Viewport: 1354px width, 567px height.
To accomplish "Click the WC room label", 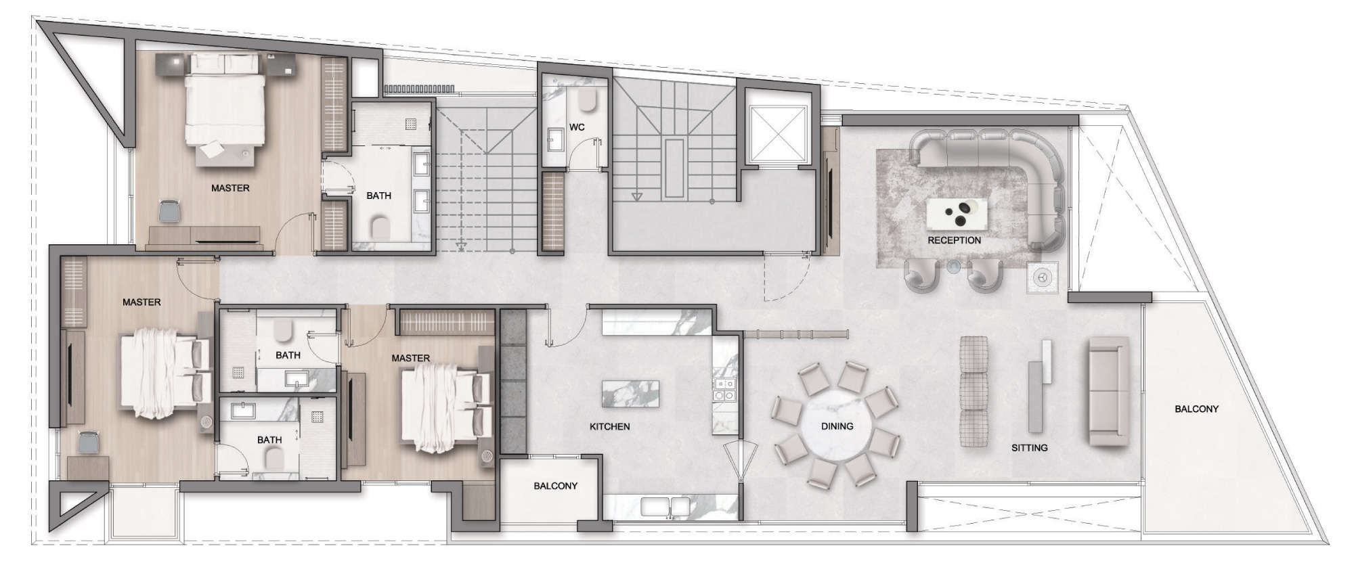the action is click(x=577, y=127).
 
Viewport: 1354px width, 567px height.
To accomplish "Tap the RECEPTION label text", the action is click(x=954, y=240).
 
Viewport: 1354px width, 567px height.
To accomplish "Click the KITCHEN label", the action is click(x=609, y=427).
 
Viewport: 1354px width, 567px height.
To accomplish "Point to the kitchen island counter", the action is click(x=630, y=394).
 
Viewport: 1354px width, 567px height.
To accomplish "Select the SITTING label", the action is click(x=1029, y=448).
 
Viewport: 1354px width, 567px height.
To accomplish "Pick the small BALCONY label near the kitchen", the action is click(x=555, y=486).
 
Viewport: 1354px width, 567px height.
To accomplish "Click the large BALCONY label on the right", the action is click(x=1196, y=409).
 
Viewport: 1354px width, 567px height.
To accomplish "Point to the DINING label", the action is click(x=837, y=426).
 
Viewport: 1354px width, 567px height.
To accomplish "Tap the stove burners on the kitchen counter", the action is click(x=723, y=390).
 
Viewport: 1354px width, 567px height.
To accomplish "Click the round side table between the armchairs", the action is click(x=953, y=267).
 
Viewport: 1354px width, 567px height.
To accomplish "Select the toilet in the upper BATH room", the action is click(x=380, y=227).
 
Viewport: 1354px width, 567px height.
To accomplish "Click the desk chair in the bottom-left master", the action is click(x=88, y=443).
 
